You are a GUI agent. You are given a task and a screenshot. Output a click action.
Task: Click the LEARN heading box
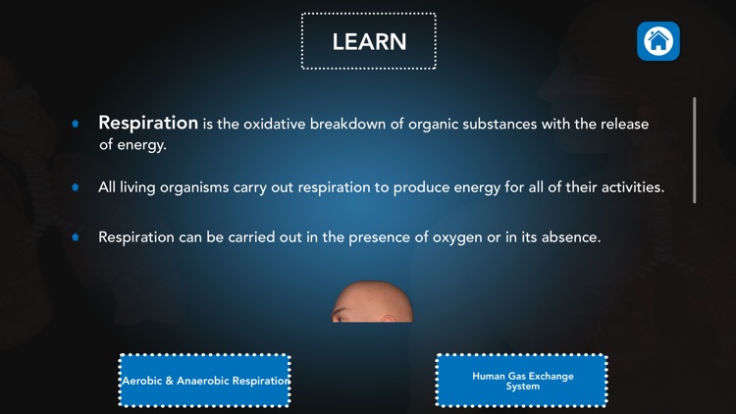[x=368, y=41]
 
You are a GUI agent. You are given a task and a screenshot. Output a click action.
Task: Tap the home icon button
[x=658, y=41]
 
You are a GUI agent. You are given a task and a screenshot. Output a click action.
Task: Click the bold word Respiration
[x=148, y=124]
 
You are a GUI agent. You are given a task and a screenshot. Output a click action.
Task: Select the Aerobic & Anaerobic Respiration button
[x=205, y=381]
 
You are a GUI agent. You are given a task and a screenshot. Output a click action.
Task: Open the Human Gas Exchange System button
[x=522, y=381]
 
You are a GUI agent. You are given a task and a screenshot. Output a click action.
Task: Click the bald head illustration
[x=371, y=303]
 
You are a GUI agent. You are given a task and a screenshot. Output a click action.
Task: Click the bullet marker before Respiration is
[x=76, y=125]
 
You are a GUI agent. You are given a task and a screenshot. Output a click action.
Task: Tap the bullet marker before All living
[x=76, y=186]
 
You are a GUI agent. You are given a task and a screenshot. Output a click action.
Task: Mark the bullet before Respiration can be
[x=76, y=237]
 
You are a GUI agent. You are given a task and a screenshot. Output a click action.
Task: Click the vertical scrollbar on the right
[x=695, y=149]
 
